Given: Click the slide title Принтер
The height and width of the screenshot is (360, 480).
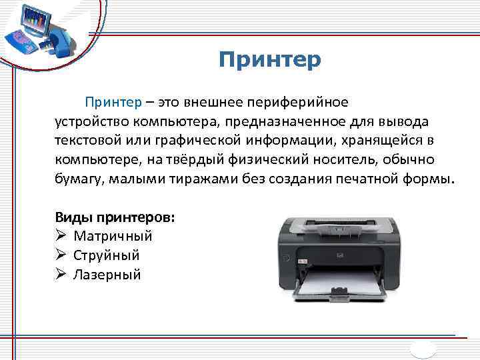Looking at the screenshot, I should [269, 60].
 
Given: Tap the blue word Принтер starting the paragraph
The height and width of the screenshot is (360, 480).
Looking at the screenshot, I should [113, 103].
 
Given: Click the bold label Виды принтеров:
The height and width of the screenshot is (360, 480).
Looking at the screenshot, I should [115, 217].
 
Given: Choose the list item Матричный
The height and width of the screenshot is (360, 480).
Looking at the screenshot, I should [113, 236].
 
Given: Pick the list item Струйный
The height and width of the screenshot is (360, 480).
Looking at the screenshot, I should [107, 255].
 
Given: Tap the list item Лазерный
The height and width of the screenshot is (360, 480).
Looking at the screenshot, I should [107, 275].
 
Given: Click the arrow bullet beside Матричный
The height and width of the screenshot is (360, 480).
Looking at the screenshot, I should [61, 236].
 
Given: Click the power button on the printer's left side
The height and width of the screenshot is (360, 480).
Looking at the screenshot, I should [287, 257].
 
